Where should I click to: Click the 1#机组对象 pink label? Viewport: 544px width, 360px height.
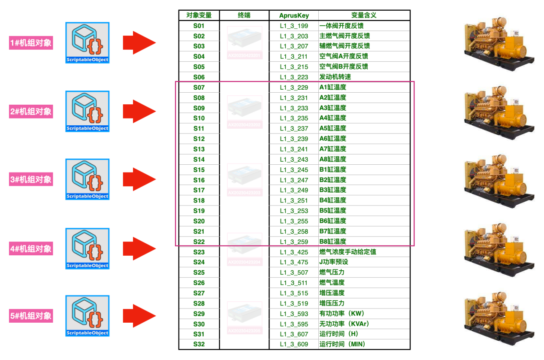[31, 43]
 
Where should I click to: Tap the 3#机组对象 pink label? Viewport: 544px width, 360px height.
[31, 179]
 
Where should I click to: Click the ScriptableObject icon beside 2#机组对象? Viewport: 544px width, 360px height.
[88, 111]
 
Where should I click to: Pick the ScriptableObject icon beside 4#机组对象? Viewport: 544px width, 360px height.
[88, 248]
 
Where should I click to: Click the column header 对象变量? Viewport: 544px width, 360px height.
[199, 15]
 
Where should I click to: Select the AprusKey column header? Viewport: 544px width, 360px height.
[294, 15]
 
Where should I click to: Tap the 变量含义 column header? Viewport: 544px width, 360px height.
[363, 15]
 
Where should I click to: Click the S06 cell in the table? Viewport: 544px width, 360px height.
[199, 77]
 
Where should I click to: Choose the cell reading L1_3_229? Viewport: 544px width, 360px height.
[294, 88]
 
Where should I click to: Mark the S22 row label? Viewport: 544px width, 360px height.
[199, 242]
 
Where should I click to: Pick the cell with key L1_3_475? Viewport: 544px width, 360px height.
[294, 262]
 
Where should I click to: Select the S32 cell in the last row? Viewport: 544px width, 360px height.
[199, 344]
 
